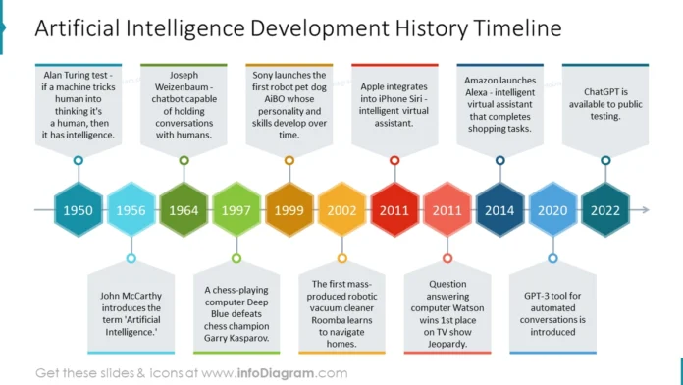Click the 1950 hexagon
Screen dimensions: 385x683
78,210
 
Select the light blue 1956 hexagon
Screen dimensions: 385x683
131,210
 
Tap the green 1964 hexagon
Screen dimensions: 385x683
184,210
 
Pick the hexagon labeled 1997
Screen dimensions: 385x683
236,210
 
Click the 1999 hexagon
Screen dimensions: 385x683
289,210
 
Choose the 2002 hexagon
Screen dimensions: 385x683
341,210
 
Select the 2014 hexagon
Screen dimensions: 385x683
499,210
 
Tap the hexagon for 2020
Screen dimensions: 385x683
552,210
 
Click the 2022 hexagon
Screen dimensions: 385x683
605,210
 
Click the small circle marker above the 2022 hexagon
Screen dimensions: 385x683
605,160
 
